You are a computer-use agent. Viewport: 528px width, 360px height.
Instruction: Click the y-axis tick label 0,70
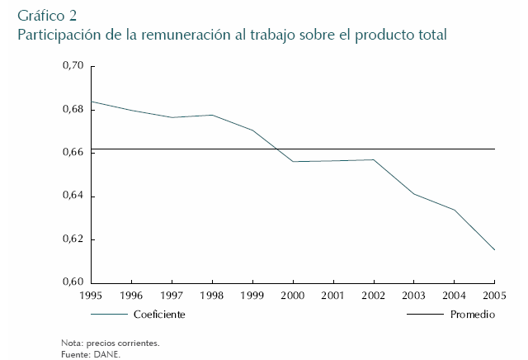click(x=73, y=66)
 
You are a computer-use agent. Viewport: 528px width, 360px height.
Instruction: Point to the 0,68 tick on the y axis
click(x=73, y=110)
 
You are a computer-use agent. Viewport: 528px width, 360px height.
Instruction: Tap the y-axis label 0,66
click(x=73, y=153)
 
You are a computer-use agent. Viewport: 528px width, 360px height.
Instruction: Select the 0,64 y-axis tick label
click(x=73, y=197)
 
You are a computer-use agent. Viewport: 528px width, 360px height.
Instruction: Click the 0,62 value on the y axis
click(x=73, y=239)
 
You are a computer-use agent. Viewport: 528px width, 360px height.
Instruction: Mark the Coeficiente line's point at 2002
click(x=374, y=159)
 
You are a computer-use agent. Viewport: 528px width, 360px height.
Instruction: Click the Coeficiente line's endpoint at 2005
click(x=494, y=250)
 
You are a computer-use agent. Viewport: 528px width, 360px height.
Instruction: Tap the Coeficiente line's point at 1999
click(x=252, y=130)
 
